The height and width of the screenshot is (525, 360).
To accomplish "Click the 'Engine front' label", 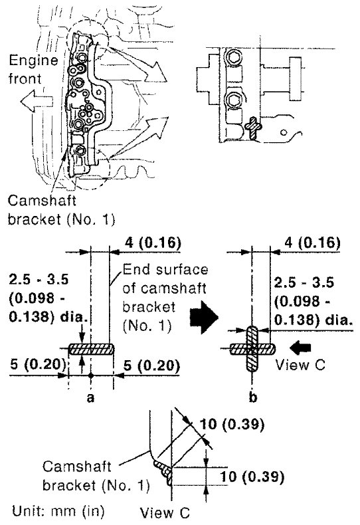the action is [33, 70].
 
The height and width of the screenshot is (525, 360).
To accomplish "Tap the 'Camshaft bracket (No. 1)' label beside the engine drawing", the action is [61, 210].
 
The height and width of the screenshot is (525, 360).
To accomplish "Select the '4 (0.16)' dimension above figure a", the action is [153, 242].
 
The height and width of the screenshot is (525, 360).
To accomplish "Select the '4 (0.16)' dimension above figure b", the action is [312, 242].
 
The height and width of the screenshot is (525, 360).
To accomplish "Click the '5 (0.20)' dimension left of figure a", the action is [37, 365].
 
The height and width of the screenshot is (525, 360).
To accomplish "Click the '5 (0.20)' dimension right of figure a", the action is [151, 366].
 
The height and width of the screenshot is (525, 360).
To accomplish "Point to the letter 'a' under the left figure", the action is [90, 398].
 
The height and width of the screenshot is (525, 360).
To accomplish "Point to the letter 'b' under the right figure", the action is [253, 397].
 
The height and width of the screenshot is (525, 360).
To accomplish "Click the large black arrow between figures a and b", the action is [204, 317].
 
